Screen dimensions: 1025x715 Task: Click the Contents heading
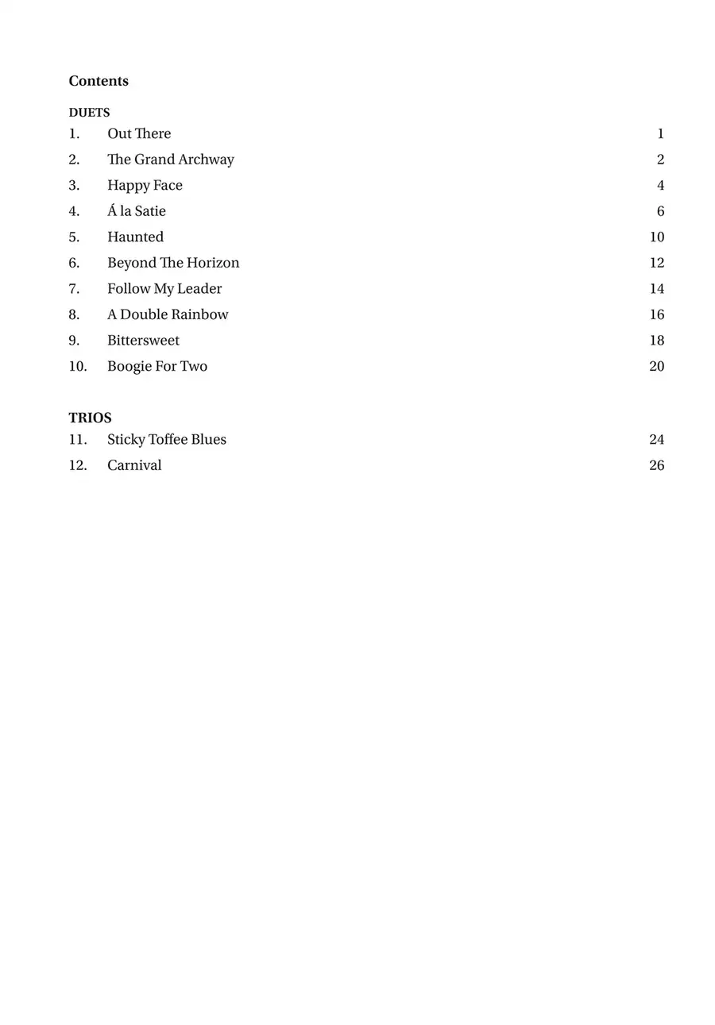[99, 81]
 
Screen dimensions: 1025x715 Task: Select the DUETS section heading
[89, 113]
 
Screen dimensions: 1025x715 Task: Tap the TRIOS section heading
[90, 418]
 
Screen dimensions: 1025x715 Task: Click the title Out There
[139, 133]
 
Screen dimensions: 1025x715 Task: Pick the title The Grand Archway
[171, 160]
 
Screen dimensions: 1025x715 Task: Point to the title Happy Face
[145, 185]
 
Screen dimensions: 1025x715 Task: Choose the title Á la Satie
[137, 211]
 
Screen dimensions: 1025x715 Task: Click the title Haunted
[135, 237]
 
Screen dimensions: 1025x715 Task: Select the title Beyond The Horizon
[173, 263]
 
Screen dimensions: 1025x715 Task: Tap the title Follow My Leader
[164, 288]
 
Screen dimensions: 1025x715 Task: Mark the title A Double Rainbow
[168, 314]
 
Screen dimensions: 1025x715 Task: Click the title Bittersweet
[143, 340]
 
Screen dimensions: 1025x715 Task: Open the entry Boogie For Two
[157, 366]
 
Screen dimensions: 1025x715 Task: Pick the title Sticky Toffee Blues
[167, 439]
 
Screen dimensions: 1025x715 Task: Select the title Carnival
[134, 465]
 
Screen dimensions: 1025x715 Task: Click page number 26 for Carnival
[656, 465]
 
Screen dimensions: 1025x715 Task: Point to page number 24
[656, 439]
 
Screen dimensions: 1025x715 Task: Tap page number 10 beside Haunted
[656, 237]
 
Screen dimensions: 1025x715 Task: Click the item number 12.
[77, 465]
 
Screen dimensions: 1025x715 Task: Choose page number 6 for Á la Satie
[660, 211]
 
